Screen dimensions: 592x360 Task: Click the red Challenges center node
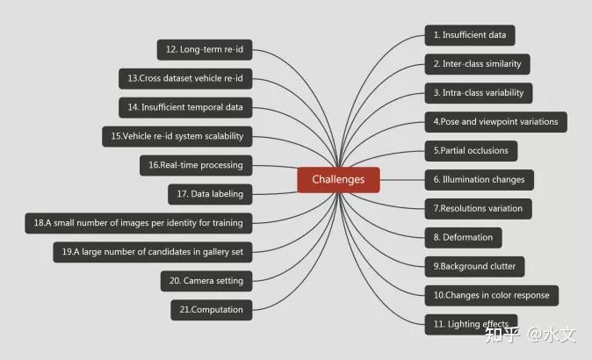pyautogui.click(x=338, y=180)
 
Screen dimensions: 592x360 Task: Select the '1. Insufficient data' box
pyautogui.click(x=470, y=35)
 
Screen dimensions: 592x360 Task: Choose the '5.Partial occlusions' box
pyautogui.click(x=471, y=150)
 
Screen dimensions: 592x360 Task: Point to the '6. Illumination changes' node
pyautogui.click(x=479, y=180)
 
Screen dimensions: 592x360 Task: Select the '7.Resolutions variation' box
pyautogui.click(x=478, y=209)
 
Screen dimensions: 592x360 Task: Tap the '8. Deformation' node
pyautogui.click(x=464, y=237)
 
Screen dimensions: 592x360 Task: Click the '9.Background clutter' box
pyautogui.click(x=474, y=266)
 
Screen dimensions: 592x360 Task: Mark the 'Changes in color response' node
pyautogui.click(x=493, y=295)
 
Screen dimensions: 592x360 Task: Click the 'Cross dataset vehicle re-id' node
pyautogui.click(x=184, y=78)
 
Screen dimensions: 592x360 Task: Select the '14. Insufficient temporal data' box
pyautogui.click(x=185, y=107)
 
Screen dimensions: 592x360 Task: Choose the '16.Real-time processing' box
pyautogui.click(x=196, y=164)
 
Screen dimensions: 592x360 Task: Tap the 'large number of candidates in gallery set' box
pyautogui.click(x=154, y=252)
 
